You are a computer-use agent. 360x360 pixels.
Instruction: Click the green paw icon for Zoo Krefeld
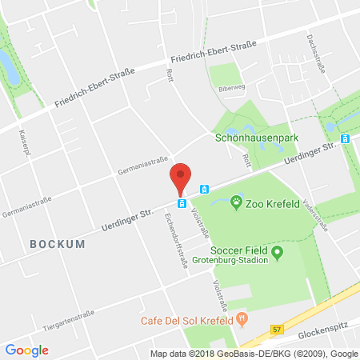click(237, 203)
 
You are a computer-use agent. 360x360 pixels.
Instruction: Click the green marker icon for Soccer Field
click(278, 253)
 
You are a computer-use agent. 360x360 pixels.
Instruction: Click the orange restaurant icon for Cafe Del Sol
click(241, 320)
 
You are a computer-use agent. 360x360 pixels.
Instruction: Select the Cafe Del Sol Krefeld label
click(190, 321)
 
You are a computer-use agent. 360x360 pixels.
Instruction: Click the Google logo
click(26, 350)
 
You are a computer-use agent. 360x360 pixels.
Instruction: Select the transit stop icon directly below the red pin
click(182, 203)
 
